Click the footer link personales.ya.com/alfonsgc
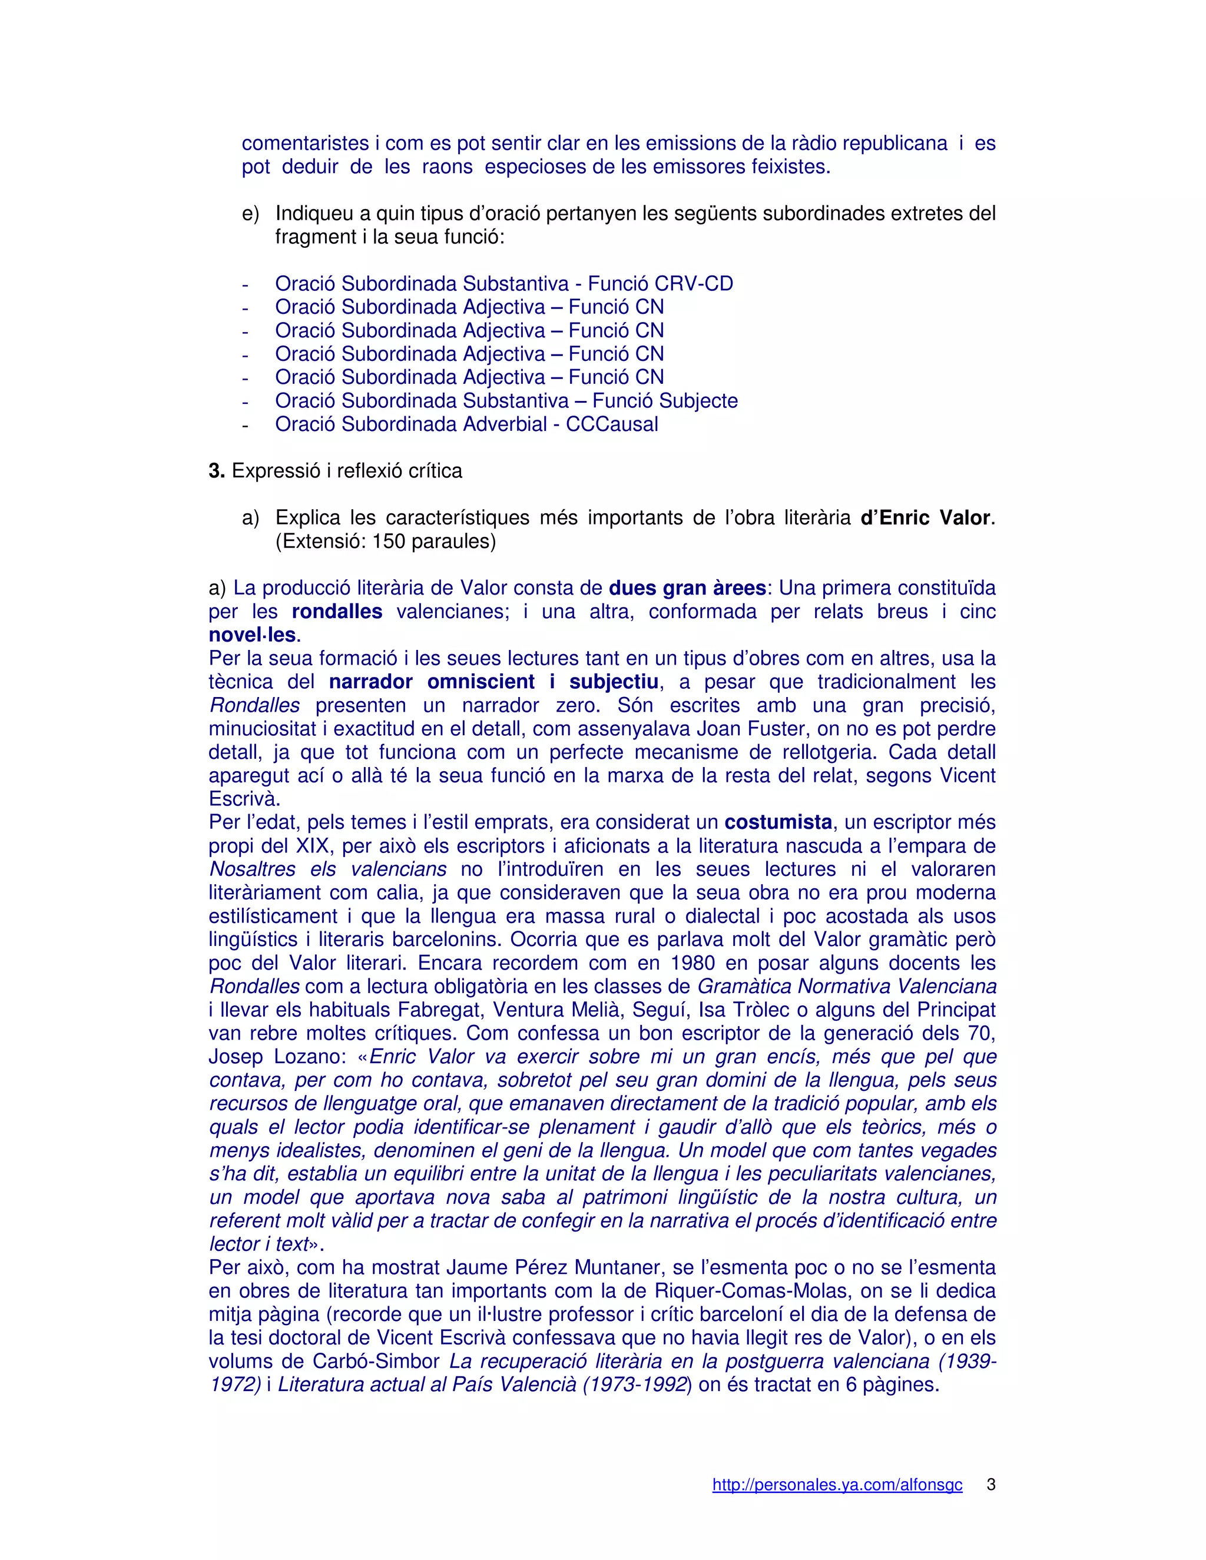837,1485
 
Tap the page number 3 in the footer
991,1484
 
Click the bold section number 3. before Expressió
217,471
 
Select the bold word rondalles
337,612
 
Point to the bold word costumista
778,822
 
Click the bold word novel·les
251,635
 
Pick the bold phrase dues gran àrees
687,588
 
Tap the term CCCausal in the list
612,424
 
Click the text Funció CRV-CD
661,284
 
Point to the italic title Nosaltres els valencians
328,869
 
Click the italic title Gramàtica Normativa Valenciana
847,987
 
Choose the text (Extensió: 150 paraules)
386,542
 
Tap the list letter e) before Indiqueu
250,214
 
